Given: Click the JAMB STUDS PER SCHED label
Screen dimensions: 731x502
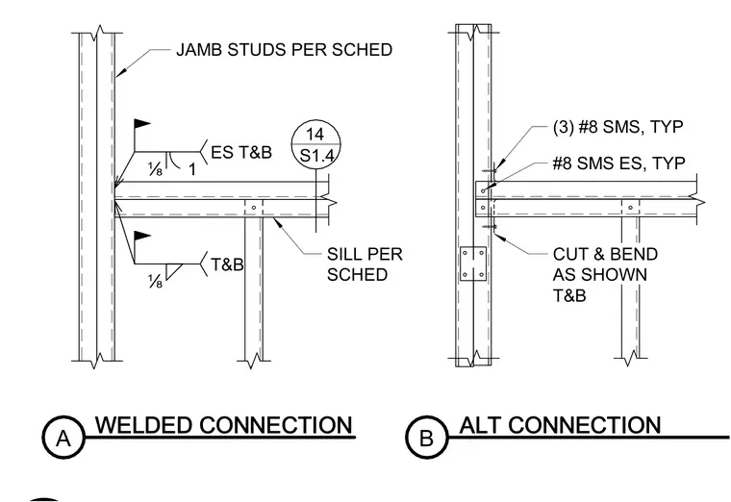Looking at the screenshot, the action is click(x=284, y=49).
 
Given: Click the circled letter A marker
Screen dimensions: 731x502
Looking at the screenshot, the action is click(x=63, y=438).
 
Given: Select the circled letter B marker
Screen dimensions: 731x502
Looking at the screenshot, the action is click(x=426, y=438).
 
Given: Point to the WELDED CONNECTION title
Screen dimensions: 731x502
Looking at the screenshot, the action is click(x=224, y=425).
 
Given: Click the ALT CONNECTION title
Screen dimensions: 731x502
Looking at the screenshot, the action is click(x=561, y=425).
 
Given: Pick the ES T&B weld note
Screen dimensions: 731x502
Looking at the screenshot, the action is click(x=241, y=152).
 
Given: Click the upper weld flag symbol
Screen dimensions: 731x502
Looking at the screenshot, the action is click(x=142, y=124).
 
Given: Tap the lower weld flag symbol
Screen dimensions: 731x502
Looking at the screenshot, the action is click(x=142, y=236).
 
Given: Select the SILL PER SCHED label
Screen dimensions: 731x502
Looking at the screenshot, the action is click(x=365, y=264).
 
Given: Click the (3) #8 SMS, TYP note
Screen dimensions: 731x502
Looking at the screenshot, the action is click(x=618, y=127).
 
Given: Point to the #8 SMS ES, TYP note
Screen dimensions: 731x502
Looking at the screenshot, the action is click(x=618, y=163).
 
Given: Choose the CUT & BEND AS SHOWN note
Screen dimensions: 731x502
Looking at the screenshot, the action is click(x=605, y=274).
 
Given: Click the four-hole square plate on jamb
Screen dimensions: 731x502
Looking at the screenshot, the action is click(x=473, y=264).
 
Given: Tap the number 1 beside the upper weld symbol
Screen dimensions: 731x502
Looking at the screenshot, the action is click(x=191, y=170).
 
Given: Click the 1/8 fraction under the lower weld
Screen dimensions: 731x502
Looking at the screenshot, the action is click(x=155, y=281).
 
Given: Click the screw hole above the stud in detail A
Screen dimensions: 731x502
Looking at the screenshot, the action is click(x=254, y=208).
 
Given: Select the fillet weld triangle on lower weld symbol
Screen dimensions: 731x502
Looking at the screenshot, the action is click(x=174, y=272).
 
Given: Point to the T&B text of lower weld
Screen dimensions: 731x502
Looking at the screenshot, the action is click(x=227, y=264).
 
